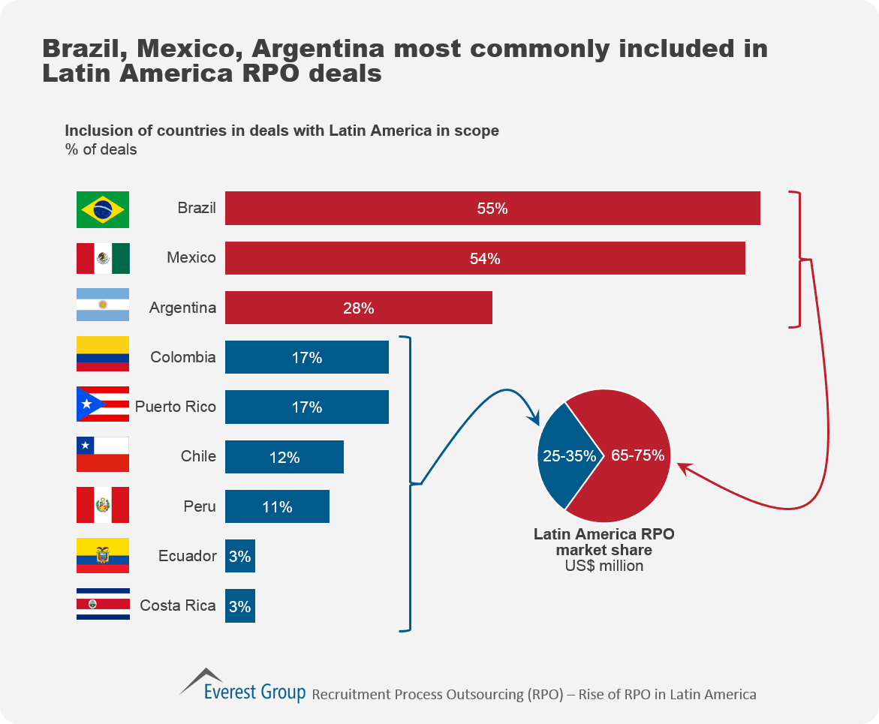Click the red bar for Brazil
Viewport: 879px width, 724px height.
(x=492, y=209)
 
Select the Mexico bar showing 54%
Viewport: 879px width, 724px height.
(x=485, y=258)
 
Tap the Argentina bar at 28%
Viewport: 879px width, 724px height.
(x=358, y=308)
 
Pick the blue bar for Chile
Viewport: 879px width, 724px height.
(x=284, y=456)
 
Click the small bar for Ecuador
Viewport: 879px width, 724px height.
(x=239, y=556)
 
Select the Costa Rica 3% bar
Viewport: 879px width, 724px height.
(x=239, y=606)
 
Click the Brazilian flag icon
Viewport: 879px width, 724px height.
(x=103, y=209)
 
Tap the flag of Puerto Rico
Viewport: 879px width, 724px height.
(x=103, y=406)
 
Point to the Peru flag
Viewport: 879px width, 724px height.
(x=103, y=505)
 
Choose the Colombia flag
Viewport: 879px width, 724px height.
(x=103, y=355)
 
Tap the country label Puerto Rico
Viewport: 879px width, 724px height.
(x=176, y=407)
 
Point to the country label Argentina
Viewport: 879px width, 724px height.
(x=182, y=308)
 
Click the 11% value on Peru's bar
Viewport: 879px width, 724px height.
(x=277, y=507)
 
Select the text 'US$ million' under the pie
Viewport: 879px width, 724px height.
(x=604, y=566)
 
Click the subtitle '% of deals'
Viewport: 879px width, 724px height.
(x=101, y=149)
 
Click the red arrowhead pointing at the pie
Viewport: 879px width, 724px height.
(x=682, y=467)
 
